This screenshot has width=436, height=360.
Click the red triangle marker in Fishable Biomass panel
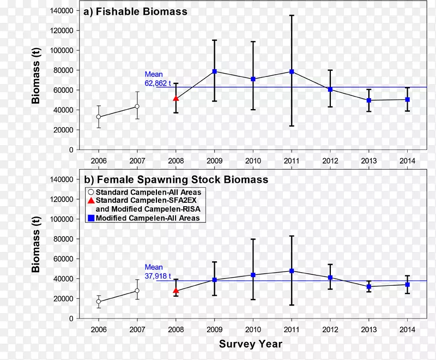[175, 99]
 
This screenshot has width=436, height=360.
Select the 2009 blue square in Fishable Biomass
[215, 71]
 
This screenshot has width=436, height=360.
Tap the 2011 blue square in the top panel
[292, 71]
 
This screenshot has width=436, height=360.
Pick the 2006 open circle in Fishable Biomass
[99, 117]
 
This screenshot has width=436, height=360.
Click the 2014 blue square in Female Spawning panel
[407, 284]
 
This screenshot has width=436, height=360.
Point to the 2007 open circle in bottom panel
[137, 291]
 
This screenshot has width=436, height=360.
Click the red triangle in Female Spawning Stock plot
[175, 291]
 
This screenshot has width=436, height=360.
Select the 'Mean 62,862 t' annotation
[158, 79]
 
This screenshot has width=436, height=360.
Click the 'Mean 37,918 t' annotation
[158, 271]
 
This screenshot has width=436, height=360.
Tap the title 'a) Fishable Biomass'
[134, 11]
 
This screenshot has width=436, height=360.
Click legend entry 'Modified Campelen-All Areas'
[148, 218]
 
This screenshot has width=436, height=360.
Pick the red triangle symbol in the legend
[91, 201]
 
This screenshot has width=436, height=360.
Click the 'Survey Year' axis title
[251, 344]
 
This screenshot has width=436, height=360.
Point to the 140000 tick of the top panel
[63, 11]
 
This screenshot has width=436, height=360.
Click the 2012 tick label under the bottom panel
[330, 329]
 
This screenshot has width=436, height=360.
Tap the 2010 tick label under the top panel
[253, 161]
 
